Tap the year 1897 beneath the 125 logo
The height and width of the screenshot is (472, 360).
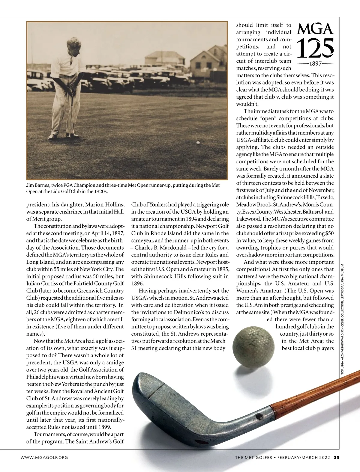point(315,64)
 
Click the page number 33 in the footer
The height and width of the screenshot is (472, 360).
point(337,458)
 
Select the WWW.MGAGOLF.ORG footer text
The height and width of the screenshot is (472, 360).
point(44,458)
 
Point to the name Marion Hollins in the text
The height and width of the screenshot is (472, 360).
point(105,205)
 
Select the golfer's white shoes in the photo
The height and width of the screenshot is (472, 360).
point(55,136)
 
